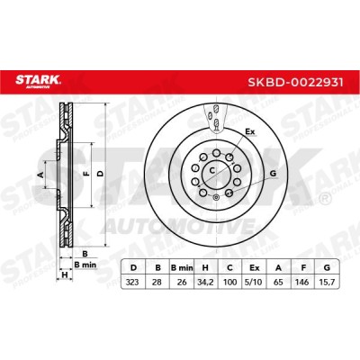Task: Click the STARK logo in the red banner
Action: point(38,81)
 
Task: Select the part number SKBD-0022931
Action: point(295,82)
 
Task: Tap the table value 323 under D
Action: point(132,282)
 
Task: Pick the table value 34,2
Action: point(205,282)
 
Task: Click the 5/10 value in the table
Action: point(255,282)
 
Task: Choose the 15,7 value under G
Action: point(327,282)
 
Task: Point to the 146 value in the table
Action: point(302,282)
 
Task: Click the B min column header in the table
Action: point(182,268)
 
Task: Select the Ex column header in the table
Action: point(255,268)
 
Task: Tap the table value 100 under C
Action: point(229,282)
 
